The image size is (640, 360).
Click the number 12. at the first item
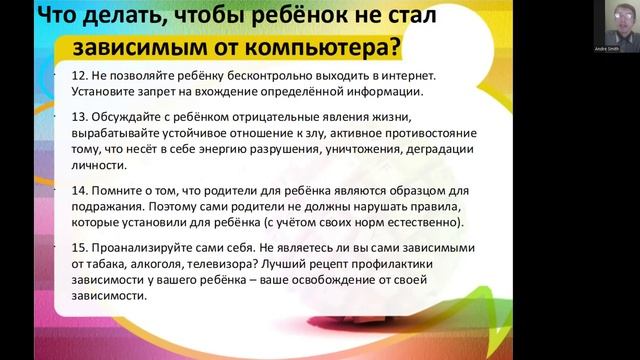(80, 76)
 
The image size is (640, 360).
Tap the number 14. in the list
(80, 190)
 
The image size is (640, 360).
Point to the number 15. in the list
(80, 247)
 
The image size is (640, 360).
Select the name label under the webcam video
(607, 46)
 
